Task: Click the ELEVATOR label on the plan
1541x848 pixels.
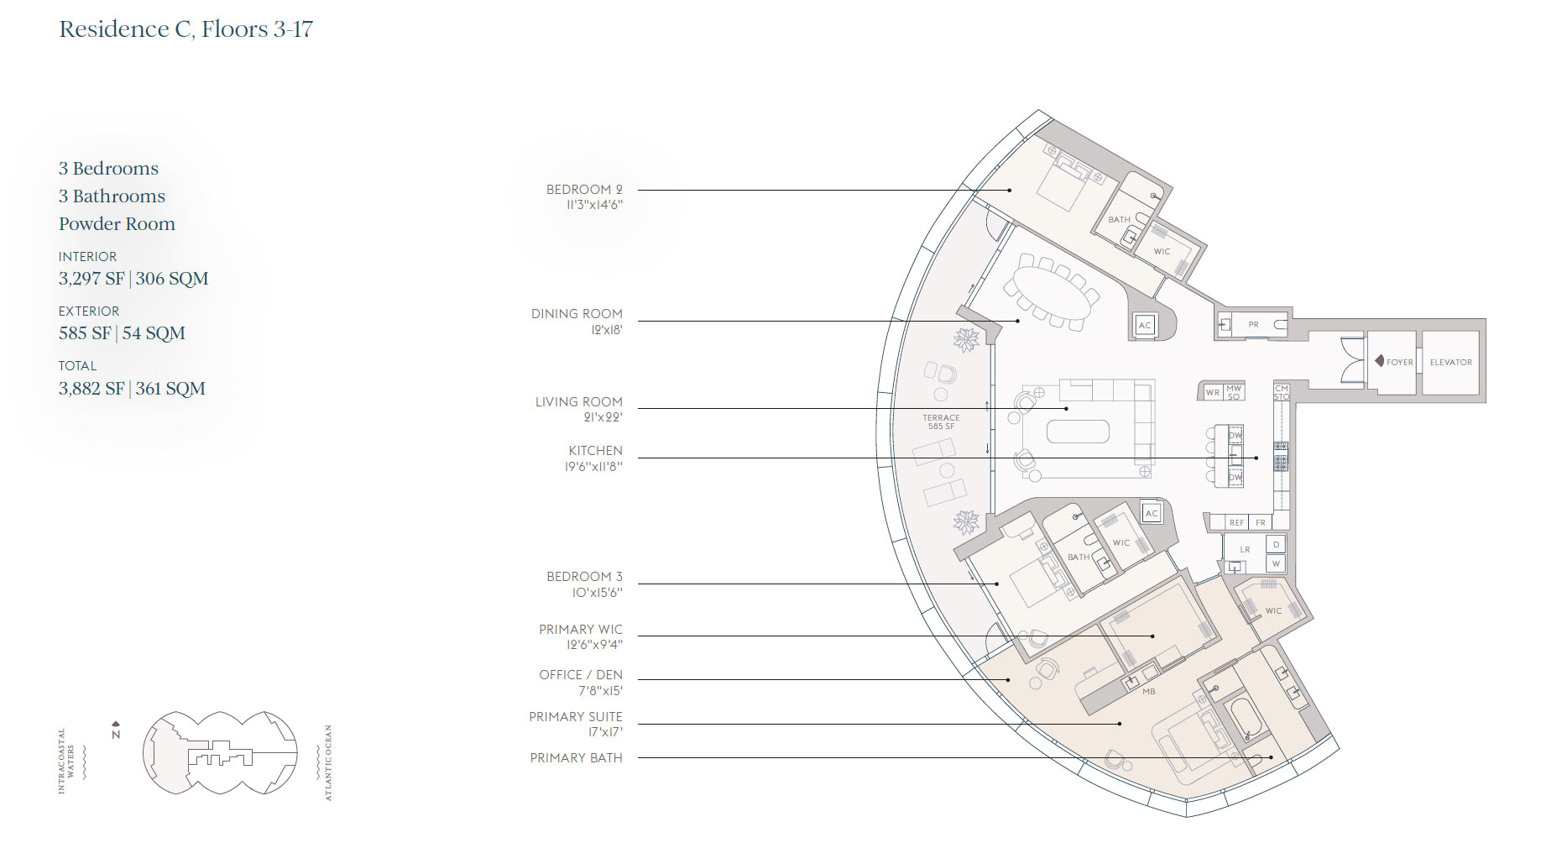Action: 1450,363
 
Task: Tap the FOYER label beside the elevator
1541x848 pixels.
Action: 1399,363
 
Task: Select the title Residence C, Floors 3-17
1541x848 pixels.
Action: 185,29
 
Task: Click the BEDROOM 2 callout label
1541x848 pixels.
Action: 584,190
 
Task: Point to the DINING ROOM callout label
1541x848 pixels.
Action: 577,314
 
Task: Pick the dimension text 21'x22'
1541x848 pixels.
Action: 603,417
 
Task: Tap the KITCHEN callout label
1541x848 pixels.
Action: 595,451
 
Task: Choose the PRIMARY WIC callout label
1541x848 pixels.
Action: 581,630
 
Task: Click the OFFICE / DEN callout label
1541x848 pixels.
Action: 581,675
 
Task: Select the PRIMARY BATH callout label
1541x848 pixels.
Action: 576,758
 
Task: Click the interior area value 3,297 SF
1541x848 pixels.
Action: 91,279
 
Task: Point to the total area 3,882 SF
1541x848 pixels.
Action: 91,389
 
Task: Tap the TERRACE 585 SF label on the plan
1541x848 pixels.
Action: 941,421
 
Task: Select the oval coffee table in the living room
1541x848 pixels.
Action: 1078,432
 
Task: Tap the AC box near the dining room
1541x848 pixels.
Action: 1145,326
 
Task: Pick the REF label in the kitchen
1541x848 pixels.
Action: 1236,522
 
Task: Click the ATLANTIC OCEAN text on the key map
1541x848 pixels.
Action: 328,762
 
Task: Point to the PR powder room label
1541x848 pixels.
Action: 1253,324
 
